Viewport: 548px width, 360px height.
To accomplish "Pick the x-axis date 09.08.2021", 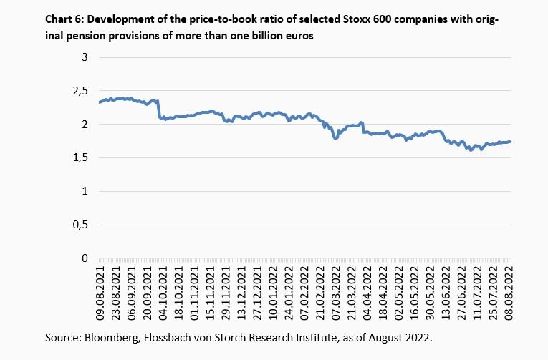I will pos(101,290).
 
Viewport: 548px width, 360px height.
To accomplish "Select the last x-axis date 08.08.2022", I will pos(507,290).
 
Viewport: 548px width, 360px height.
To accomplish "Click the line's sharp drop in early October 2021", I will pos(160,110).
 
